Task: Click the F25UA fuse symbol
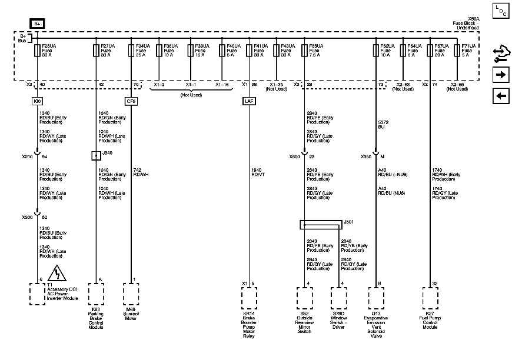pos(38,51)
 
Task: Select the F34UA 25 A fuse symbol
pos(131,51)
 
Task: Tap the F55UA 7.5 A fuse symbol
pos(304,51)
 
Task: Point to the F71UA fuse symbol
pos(458,51)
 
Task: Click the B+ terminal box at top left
pos(37,24)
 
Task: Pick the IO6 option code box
pos(37,101)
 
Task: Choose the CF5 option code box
pos(131,101)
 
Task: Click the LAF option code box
pos(249,101)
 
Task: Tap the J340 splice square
pos(95,155)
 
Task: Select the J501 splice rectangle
pos(320,224)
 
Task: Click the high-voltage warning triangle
pos(59,274)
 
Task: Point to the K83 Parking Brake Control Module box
pos(96,293)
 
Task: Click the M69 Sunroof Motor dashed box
pos(131,293)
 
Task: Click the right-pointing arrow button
pos(500,75)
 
